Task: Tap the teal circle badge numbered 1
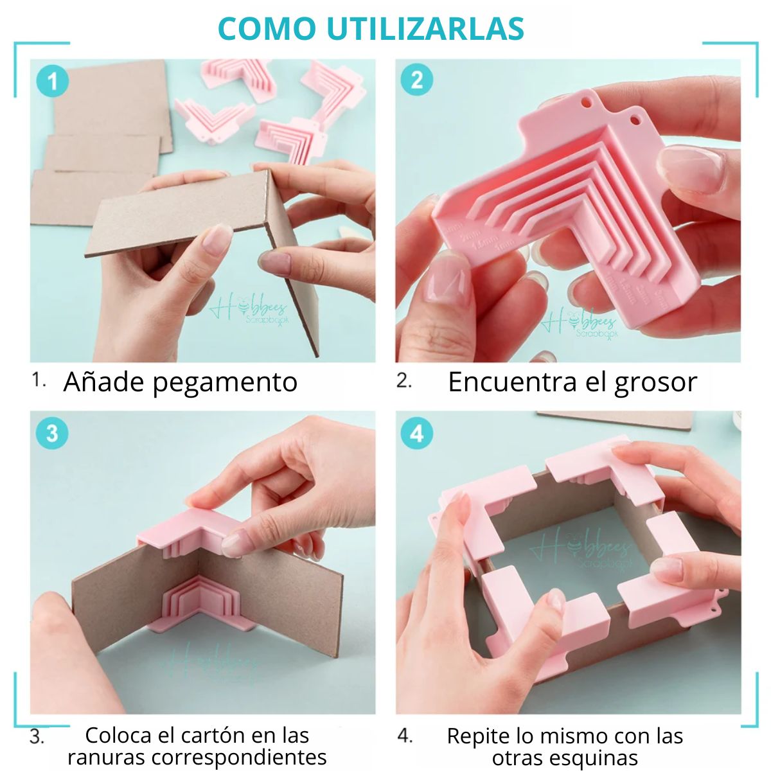[52, 81]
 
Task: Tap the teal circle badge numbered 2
[416, 80]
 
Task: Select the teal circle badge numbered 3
[52, 433]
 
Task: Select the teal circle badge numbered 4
[416, 433]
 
